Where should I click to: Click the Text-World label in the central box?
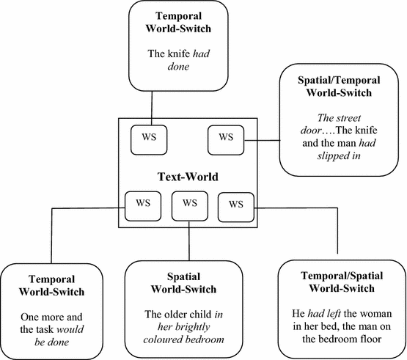coord(189,176)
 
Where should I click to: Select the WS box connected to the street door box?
coord(225,137)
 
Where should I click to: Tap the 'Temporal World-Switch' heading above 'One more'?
coord(58,286)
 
